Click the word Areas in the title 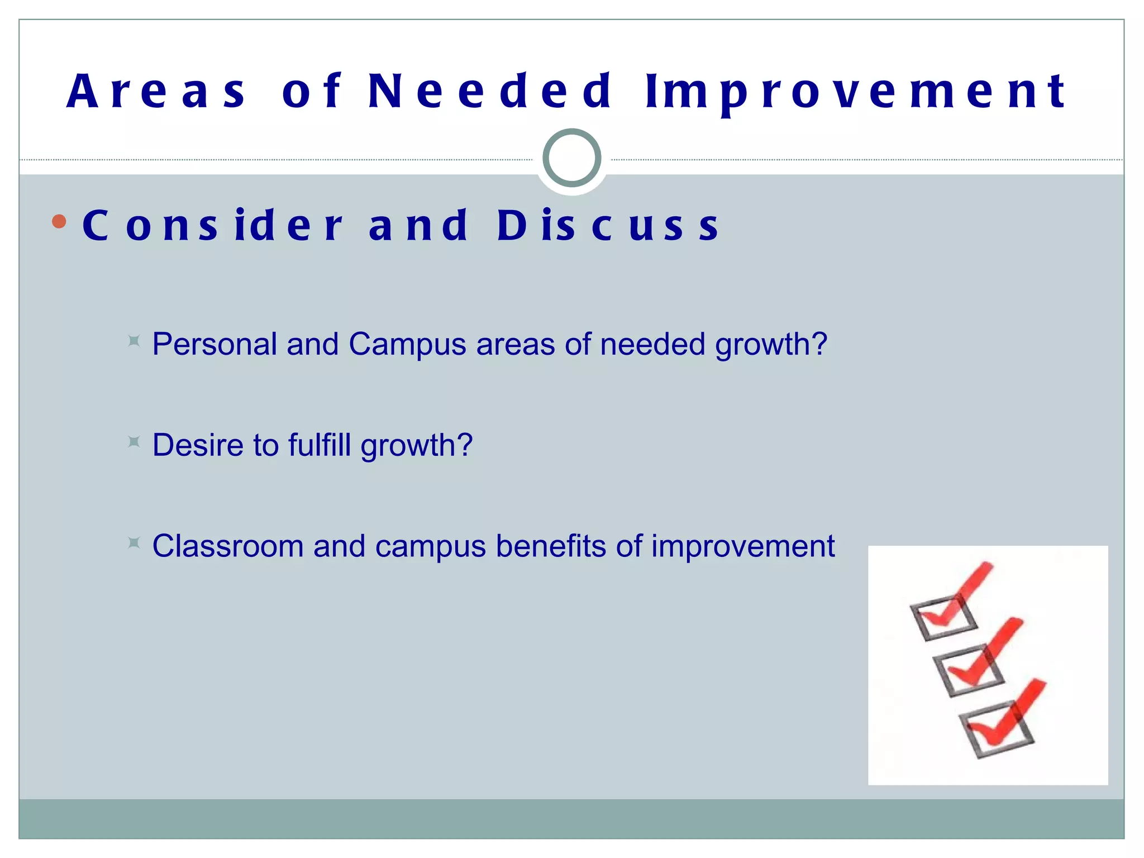tap(156, 91)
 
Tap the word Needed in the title tap(490, 91)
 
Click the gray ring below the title tap(571, 158)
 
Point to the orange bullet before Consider tap(59, 222)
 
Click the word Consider tap(212, 226)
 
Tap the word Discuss tap(608, 226)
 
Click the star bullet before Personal tap(134, 341)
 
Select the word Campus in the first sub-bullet tap(407, 345)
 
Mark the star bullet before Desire tap(134, 442)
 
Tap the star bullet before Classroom tap(134, 543)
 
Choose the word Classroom tap(227, 546)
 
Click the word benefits tap(550, 546)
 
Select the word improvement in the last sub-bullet tap(743, 546)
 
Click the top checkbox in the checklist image tap(943, 618)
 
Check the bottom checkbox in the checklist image tap(996, 730)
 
